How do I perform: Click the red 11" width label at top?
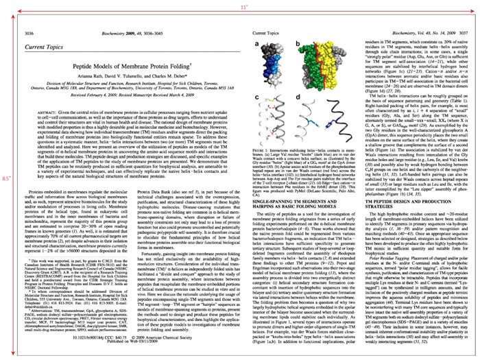point(239,6)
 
